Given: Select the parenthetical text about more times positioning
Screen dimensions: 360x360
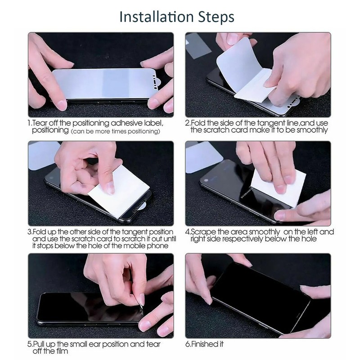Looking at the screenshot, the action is click(x=116, y=131).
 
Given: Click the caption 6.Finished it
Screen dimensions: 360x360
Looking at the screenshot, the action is click(x=204, y=344).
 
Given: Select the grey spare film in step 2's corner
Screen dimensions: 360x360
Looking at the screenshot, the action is click(x=198, y=46).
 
